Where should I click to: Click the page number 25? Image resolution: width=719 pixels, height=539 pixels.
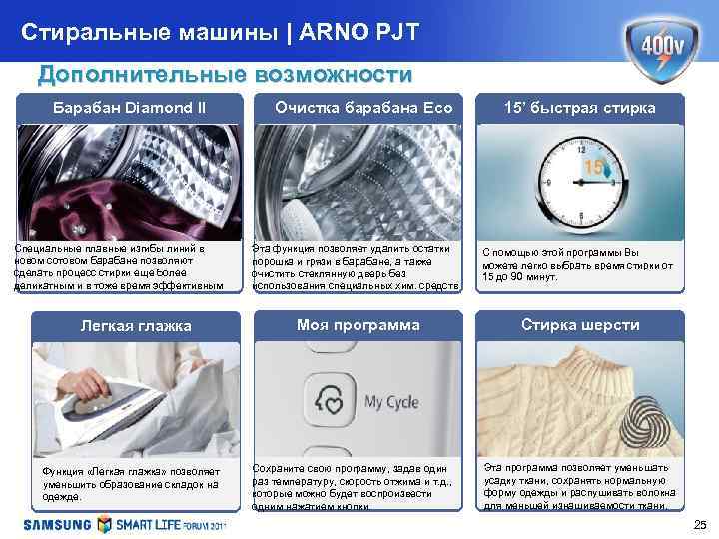(x=698, y=525)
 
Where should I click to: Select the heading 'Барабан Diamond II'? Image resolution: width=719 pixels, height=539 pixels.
(x=129, y=107)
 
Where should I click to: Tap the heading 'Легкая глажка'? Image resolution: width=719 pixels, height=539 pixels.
(x=129, y=326)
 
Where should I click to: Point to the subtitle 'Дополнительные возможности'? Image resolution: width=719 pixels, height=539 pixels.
(x=224, y=75)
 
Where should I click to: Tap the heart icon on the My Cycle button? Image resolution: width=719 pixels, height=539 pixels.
(x=330, y=402)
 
